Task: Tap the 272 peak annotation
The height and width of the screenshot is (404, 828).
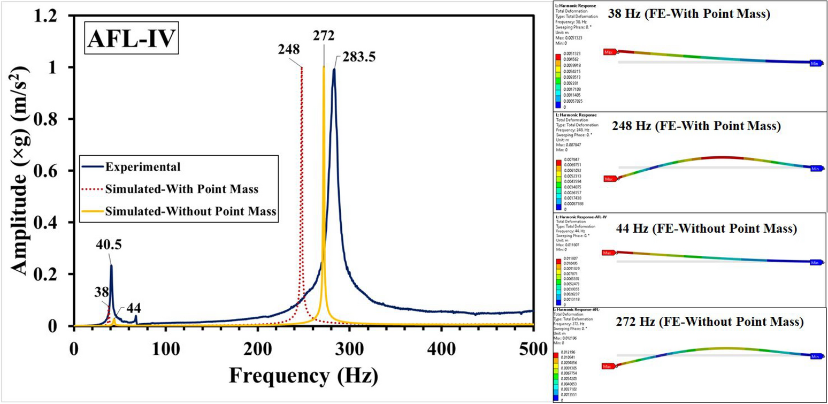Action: pyautogui.click(x=324, y=36)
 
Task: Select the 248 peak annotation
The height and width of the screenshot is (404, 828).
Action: pyautogui.click(x=288, y=50)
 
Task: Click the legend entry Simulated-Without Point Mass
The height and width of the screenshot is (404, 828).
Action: pyautogui.click(x=191, y=211)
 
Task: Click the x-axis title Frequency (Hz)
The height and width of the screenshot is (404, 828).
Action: pyautogui.click(x=303, y=373)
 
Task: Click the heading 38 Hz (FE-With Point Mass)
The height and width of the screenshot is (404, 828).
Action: pyautogui.click(x=688, y=14)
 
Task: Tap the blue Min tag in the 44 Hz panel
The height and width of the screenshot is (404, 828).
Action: pyautogui.click(x=815, y=263)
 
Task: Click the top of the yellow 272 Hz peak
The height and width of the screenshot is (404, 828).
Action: pyautogui.click(x=324, y=67)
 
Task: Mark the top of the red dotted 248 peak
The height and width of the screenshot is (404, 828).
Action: pyautogui.click(x=302, y=67)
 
